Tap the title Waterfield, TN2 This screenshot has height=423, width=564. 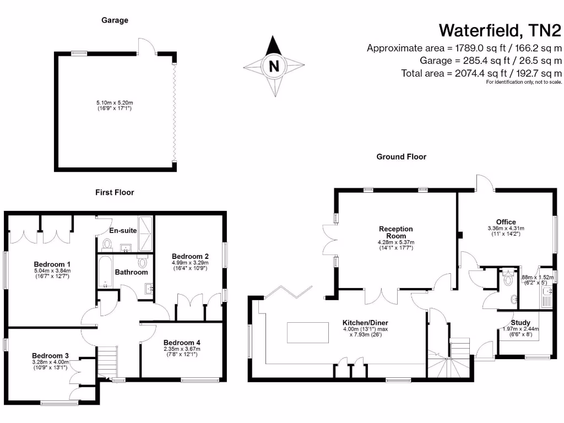click(500, 29)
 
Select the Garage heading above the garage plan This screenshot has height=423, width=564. click(115, 20)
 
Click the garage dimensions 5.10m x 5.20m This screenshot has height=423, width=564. click(115, 102)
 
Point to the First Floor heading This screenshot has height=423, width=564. click(115, 192)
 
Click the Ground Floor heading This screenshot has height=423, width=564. click(401, 156)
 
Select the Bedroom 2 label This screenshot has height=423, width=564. click(190, 256)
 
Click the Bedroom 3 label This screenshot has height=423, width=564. click(50, 355)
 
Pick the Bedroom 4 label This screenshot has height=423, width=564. click(182, 342)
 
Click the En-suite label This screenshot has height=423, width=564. click(123, 230)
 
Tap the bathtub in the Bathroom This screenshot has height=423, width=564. click(106, 272)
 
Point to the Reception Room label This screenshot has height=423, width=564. click(395, 232)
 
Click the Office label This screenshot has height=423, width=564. click(506, 222)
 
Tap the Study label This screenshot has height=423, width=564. click(520, 323)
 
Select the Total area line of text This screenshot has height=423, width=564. click(482, 73)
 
